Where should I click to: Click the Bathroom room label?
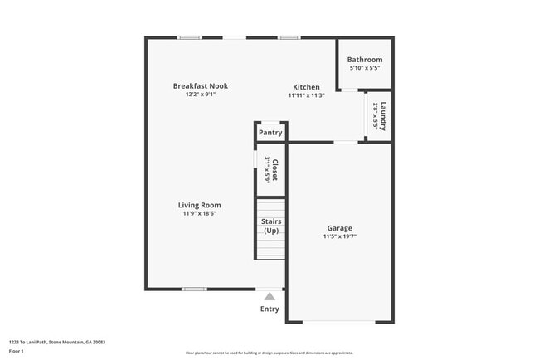(x=365, y=60)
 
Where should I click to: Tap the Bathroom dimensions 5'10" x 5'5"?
(x=365, y=68)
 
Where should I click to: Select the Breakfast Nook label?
(x=200, y=86)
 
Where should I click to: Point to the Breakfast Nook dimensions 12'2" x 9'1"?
(x=200, y=95)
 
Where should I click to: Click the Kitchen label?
(x=306, y=87)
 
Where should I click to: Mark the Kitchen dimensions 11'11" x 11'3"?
(x=306, y=95)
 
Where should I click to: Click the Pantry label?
(x=270, y=133)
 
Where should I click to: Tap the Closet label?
(x=274, y=169)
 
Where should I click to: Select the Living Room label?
(x=199, y=205)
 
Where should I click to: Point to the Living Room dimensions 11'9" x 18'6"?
(x=199, y=214)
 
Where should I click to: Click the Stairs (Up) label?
(x=271, y=226)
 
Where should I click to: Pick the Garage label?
(x=339, y=228)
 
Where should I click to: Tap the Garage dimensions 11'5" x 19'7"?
(x=339, y=237)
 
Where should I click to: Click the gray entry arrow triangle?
(x=269, y=296)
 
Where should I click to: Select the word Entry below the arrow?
(x=269, y=309)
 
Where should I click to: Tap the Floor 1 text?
(x=17, y=351)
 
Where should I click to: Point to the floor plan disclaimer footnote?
(x=269, y=353)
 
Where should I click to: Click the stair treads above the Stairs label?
(x=270, y=207)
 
